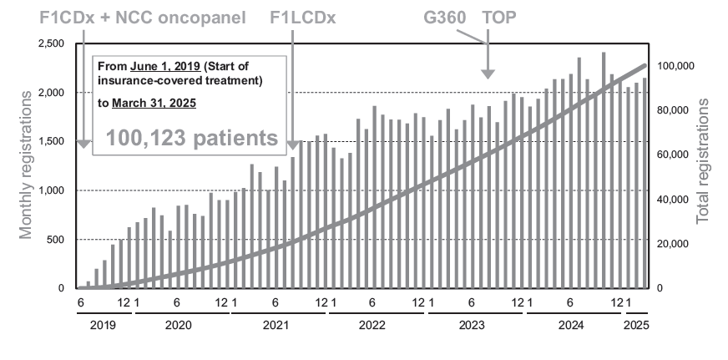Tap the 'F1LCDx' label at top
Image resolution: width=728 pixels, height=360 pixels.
point(303,17)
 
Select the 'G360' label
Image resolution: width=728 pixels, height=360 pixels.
point(446,17)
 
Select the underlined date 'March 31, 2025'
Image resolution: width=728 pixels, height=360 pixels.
point(158,104)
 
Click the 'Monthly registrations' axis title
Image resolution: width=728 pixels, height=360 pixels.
point(27,165)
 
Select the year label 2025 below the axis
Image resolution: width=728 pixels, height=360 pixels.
point(636,327)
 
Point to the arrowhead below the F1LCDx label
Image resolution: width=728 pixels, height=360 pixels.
point(293,145)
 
